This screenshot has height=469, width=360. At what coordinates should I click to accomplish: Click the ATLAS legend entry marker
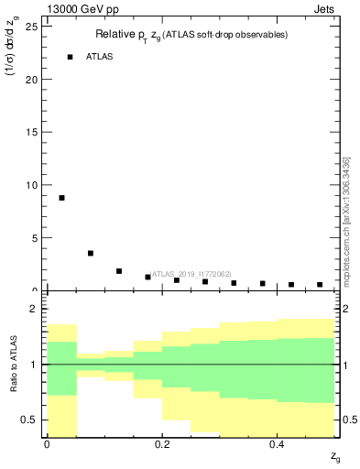pos(70,57)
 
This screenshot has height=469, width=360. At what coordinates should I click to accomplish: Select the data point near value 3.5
pos(90,254)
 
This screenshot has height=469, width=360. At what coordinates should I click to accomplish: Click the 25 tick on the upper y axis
pos(34,27)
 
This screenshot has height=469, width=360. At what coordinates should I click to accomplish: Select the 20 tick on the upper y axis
pos(34,79)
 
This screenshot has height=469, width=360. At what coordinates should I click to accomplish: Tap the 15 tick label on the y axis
pos(34,132)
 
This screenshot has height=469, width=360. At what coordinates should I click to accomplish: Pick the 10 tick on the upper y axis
pos(34,184)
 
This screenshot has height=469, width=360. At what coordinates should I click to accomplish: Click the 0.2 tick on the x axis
pos(161,444)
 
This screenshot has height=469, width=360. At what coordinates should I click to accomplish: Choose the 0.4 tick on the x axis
pos(276,444)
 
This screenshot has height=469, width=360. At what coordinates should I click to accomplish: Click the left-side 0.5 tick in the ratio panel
pos(34,420)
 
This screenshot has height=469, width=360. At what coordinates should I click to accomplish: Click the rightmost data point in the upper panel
pos(320,285)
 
